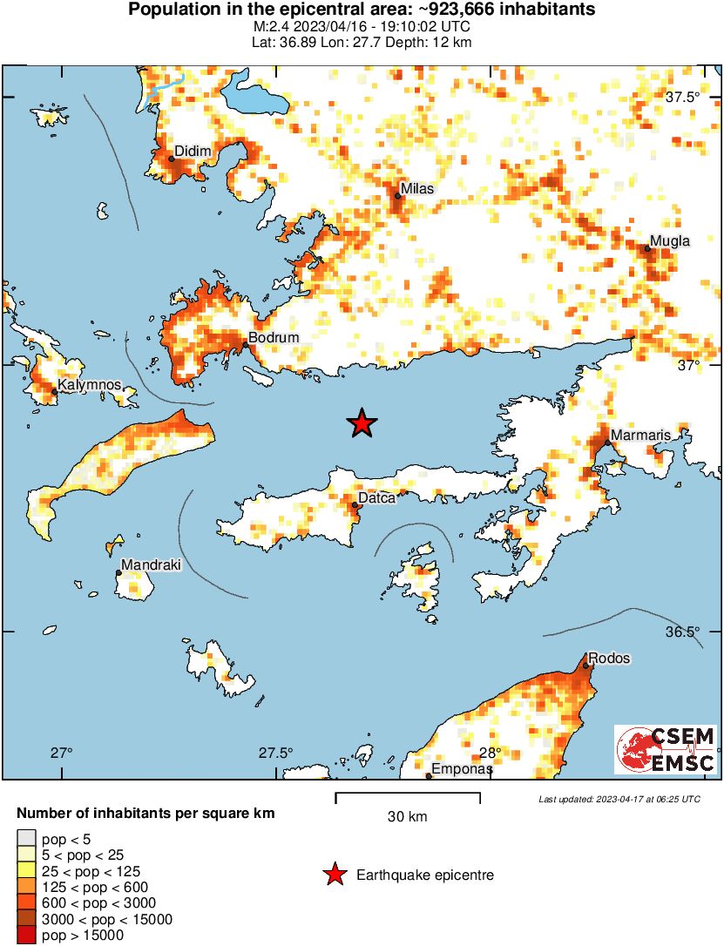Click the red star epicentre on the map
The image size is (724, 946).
click(362, 423)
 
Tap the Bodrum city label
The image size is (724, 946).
click(274, 338)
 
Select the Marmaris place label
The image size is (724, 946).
click(639, 435)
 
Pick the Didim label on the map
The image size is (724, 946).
click(193, 152)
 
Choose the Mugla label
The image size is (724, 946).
click(670, 241)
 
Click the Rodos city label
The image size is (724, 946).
click(608, 659)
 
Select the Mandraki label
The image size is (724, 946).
click(150, 565)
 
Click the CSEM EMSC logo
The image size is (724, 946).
click(666, 750)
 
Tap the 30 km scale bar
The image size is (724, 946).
click(408, 796)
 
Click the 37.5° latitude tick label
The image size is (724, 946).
click(682, 97)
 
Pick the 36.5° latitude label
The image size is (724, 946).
click(682, 632)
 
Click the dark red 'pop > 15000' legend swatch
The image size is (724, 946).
click(27, 936)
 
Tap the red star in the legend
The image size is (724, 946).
click(334, 875)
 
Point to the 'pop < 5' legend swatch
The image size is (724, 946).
click(27, 839)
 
